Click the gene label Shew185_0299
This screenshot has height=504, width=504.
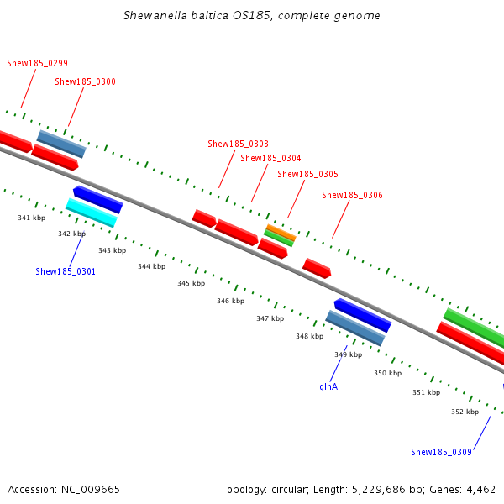(37, 63)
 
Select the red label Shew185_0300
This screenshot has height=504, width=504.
(85, 82)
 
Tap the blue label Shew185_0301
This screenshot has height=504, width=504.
(66, 271)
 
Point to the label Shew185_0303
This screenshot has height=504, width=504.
(238, 144)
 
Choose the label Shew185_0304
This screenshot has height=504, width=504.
(270, 158)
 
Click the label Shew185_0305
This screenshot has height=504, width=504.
(307, 175)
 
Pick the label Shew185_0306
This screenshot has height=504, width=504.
(352, 196)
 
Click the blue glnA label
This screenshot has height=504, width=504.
(328, 387)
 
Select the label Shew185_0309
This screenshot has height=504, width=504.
(441, 452)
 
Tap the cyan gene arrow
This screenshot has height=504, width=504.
(91, 213)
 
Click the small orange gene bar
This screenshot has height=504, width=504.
(281, 232)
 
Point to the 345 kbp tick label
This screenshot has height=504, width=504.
(191, 284)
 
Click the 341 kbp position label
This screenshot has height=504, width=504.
(31, 218)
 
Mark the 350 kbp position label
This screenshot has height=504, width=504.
(387, 373)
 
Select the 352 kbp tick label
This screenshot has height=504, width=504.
(465, 412)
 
